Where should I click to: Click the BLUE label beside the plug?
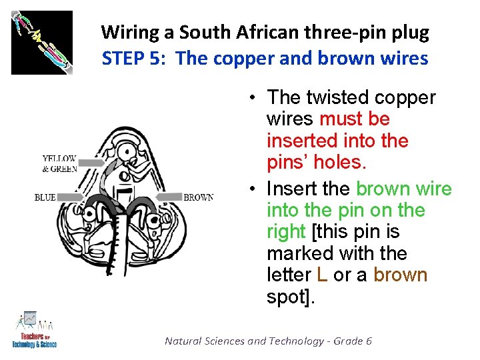point(45,197)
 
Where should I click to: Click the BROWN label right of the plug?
point(198,197)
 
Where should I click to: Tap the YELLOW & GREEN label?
point(59,164)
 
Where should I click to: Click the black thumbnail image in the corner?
point(42,42)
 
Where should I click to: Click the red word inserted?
point(302,141)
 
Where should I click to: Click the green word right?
point(286,232)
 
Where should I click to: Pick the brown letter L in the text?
point(323,275)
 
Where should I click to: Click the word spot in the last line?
point(287,297)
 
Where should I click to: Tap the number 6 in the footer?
point(368,341)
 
